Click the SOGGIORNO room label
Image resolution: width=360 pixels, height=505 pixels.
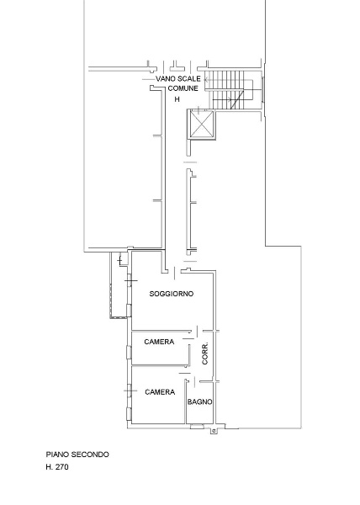[x=172, y=294]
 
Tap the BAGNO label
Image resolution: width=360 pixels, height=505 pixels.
[x=200, y=402]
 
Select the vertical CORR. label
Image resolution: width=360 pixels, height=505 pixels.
[x=205, y=353]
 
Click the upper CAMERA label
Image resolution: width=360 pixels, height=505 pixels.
[x=159, y=342]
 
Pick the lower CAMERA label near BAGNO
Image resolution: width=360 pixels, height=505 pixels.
[x=160, y=392]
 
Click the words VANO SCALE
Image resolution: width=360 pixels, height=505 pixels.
[x=178, y=78]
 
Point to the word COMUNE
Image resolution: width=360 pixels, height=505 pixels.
[x=183, y=88]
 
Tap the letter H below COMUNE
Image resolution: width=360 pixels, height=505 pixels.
[x=177, y=99]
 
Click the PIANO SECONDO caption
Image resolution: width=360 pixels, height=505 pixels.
[x=77, y=454]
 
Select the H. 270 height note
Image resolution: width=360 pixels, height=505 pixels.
[x=57, y=466]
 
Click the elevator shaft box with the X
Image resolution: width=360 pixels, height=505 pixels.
[x=201, y=125]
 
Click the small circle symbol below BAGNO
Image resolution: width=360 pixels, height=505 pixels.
[x=214, y=430]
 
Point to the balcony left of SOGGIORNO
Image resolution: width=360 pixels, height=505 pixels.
[x=119, y=284]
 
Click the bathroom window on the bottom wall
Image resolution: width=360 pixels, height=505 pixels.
[x=197, y=427]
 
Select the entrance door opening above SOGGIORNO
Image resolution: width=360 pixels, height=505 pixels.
[x=174, y=273]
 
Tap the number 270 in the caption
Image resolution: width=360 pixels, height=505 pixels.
[x=62, y=466]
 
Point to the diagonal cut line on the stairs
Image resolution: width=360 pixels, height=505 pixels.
[x=237, y=100]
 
